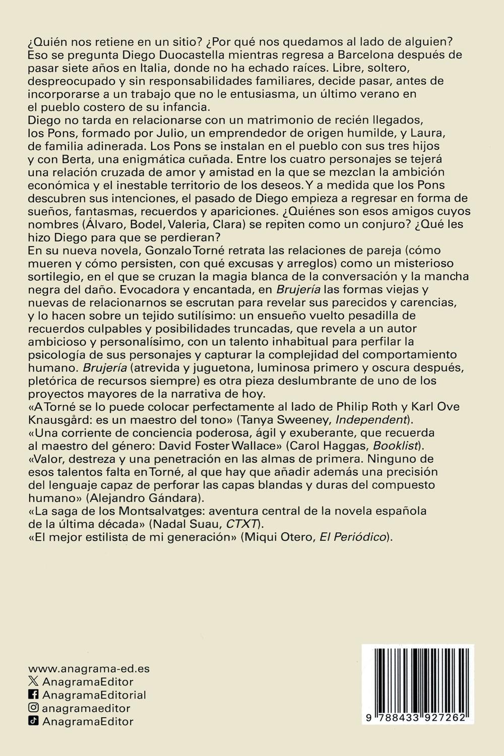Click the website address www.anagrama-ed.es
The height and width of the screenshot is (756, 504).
(x=89, y=669)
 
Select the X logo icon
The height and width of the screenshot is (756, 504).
(x=33, y=681)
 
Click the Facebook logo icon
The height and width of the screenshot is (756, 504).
(x=33, y=695)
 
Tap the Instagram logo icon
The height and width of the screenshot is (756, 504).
(x=33, y=708)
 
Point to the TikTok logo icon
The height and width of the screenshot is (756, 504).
(x=33, y=721)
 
